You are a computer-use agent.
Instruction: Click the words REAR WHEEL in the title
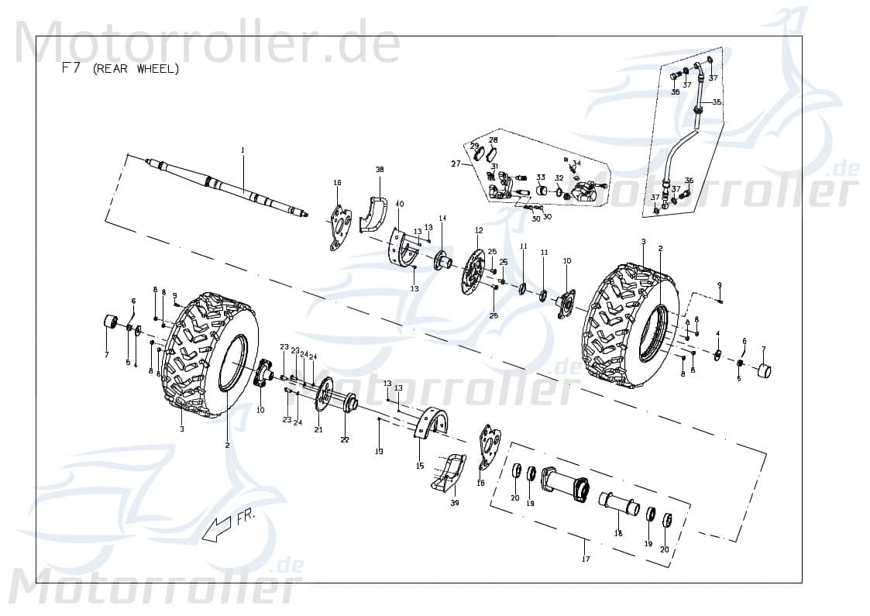136,69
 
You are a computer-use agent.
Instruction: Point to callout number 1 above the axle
242,150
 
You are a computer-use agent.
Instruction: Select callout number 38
380,169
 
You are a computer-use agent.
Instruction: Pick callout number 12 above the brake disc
479,230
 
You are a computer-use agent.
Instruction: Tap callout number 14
443,219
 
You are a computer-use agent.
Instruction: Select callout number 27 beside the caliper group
456,163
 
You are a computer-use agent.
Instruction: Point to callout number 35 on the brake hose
717,102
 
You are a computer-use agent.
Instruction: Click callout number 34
576,163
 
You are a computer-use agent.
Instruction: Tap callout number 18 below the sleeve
618,533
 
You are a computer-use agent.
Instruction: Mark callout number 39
455,504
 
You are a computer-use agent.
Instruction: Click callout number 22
345,439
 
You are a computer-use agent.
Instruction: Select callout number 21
318,429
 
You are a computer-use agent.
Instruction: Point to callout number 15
420,466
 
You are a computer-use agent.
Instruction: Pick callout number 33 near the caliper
541,177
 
